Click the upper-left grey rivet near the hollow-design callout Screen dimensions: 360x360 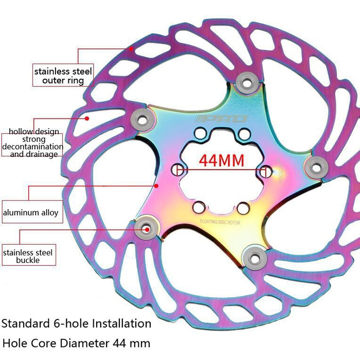[x=142, y=118]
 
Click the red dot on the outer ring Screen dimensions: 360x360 [x=131, y=49]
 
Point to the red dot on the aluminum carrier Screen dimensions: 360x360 [x=158, y=187]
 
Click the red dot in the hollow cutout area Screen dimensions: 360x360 [x=87, y=118]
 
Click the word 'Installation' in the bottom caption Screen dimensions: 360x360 [x=121, y=323]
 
